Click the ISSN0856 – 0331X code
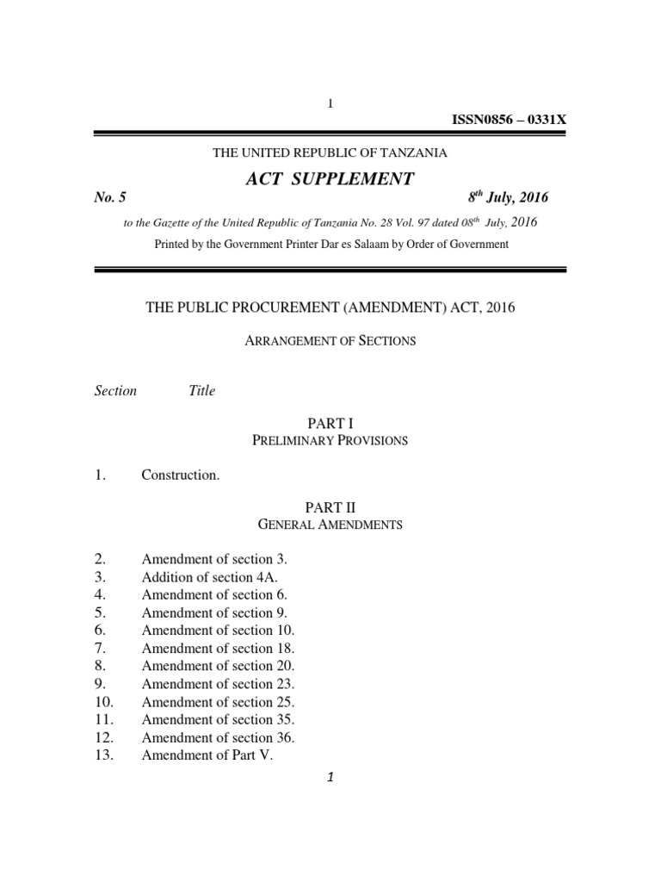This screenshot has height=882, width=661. [509, 119]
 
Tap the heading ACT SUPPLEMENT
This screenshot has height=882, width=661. [330, 178]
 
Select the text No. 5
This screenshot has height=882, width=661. [110, 197]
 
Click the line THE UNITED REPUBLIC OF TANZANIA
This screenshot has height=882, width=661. [330, 152]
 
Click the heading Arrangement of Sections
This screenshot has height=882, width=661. [330, 340]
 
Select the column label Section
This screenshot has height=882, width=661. [115, 390]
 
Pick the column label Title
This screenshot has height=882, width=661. [201, 390]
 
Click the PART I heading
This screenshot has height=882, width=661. [330, 423]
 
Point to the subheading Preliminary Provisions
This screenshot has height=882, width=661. [330, 440]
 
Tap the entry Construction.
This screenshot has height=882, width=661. [180, 475]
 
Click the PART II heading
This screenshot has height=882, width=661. [330, 507]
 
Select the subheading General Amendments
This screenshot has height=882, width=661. [330, 525]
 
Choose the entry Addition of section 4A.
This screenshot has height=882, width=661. [209, 577]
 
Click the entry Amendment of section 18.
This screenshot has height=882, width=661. [218, 648]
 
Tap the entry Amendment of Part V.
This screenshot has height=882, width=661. [207, 755]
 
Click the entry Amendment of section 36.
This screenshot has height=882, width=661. [218, 737]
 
